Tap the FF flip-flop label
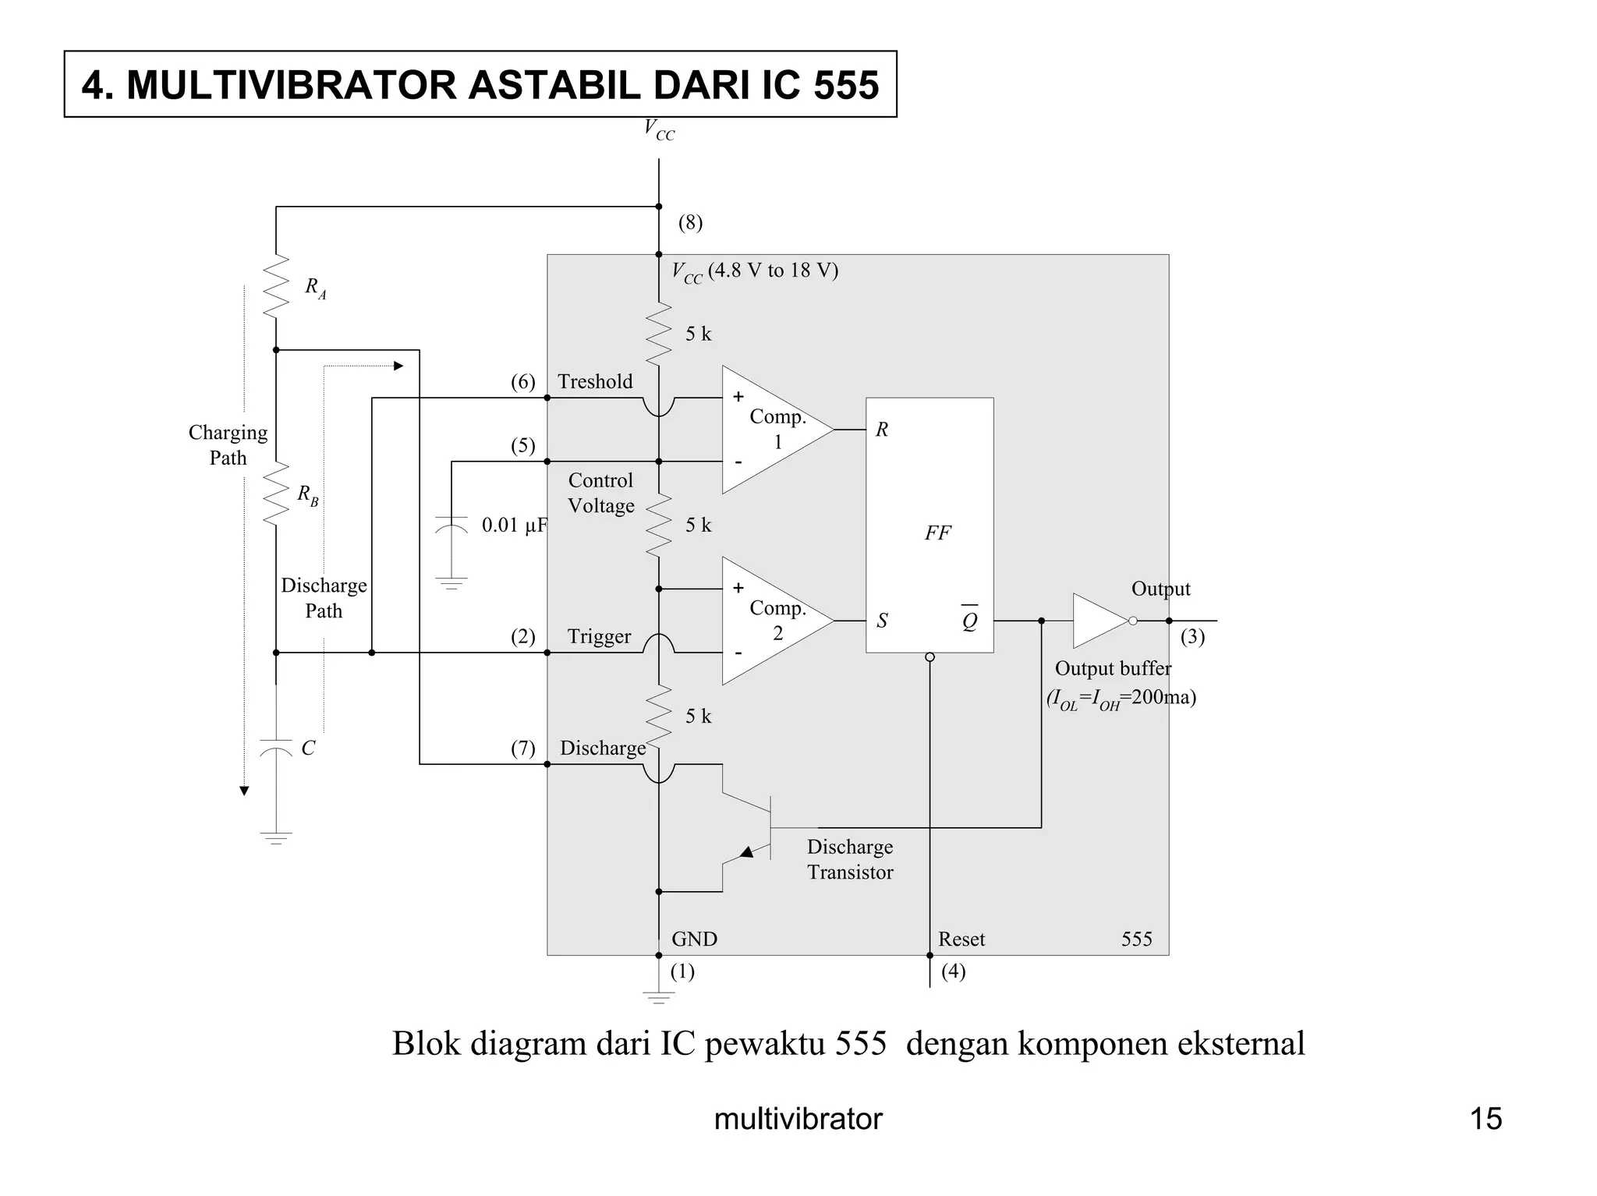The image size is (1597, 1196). (937, 533)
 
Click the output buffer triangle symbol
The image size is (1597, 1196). (1099, 621)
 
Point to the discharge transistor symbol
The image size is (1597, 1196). (756, 828)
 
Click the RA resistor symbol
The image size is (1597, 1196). (276, 286)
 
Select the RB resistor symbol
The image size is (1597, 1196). (276, 494)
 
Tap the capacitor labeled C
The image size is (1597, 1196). (276, 748)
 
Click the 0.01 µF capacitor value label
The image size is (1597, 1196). (515, 525)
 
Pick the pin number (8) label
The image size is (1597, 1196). (690, 223)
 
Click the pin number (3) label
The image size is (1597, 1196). (1192, 637)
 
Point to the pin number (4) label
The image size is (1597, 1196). (953, 971)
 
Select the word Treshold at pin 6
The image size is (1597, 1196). (595, 382)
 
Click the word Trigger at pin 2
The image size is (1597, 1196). (599, 637)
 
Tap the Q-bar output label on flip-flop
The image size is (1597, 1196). (969, 621)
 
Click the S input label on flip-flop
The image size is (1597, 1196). (882, 621)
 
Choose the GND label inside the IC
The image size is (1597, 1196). (694, 939)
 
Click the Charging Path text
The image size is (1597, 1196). (228, 445)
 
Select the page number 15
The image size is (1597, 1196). (1485, 1119)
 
